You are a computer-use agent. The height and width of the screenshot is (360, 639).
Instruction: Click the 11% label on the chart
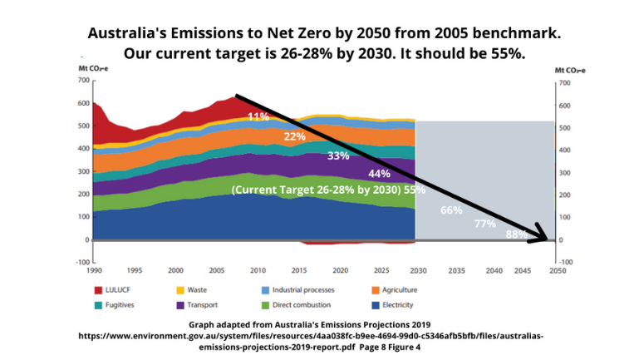click(258, 116)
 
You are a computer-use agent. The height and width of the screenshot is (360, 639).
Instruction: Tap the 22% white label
click(294, 136)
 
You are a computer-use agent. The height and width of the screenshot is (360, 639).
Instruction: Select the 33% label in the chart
click(338, 155)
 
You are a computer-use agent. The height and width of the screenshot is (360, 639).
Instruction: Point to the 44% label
click(380, 174)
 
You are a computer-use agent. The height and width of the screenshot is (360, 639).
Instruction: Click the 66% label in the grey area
click(451, 210)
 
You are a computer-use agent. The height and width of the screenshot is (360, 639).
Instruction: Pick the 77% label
click(485, 224)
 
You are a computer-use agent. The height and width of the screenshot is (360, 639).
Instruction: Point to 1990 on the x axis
click(94, 270)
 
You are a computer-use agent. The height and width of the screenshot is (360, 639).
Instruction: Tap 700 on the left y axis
click(82, 81)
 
